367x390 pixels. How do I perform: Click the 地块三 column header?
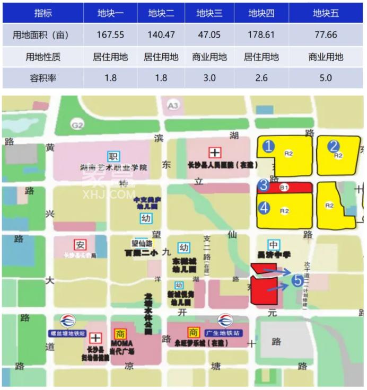point(209,13)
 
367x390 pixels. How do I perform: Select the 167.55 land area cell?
point(111,35)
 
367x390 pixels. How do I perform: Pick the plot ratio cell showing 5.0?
point(326,78)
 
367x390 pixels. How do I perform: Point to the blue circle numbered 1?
point(269,146)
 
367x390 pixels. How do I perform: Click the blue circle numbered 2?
point(333,146)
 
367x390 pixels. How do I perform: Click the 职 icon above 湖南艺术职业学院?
point(112,156)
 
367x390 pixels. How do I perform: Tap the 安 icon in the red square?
point(80,245)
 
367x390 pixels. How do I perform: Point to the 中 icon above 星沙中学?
point(274,245)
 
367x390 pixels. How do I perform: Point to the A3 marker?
point(173,106)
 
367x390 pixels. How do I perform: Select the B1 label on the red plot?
point(285,187)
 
